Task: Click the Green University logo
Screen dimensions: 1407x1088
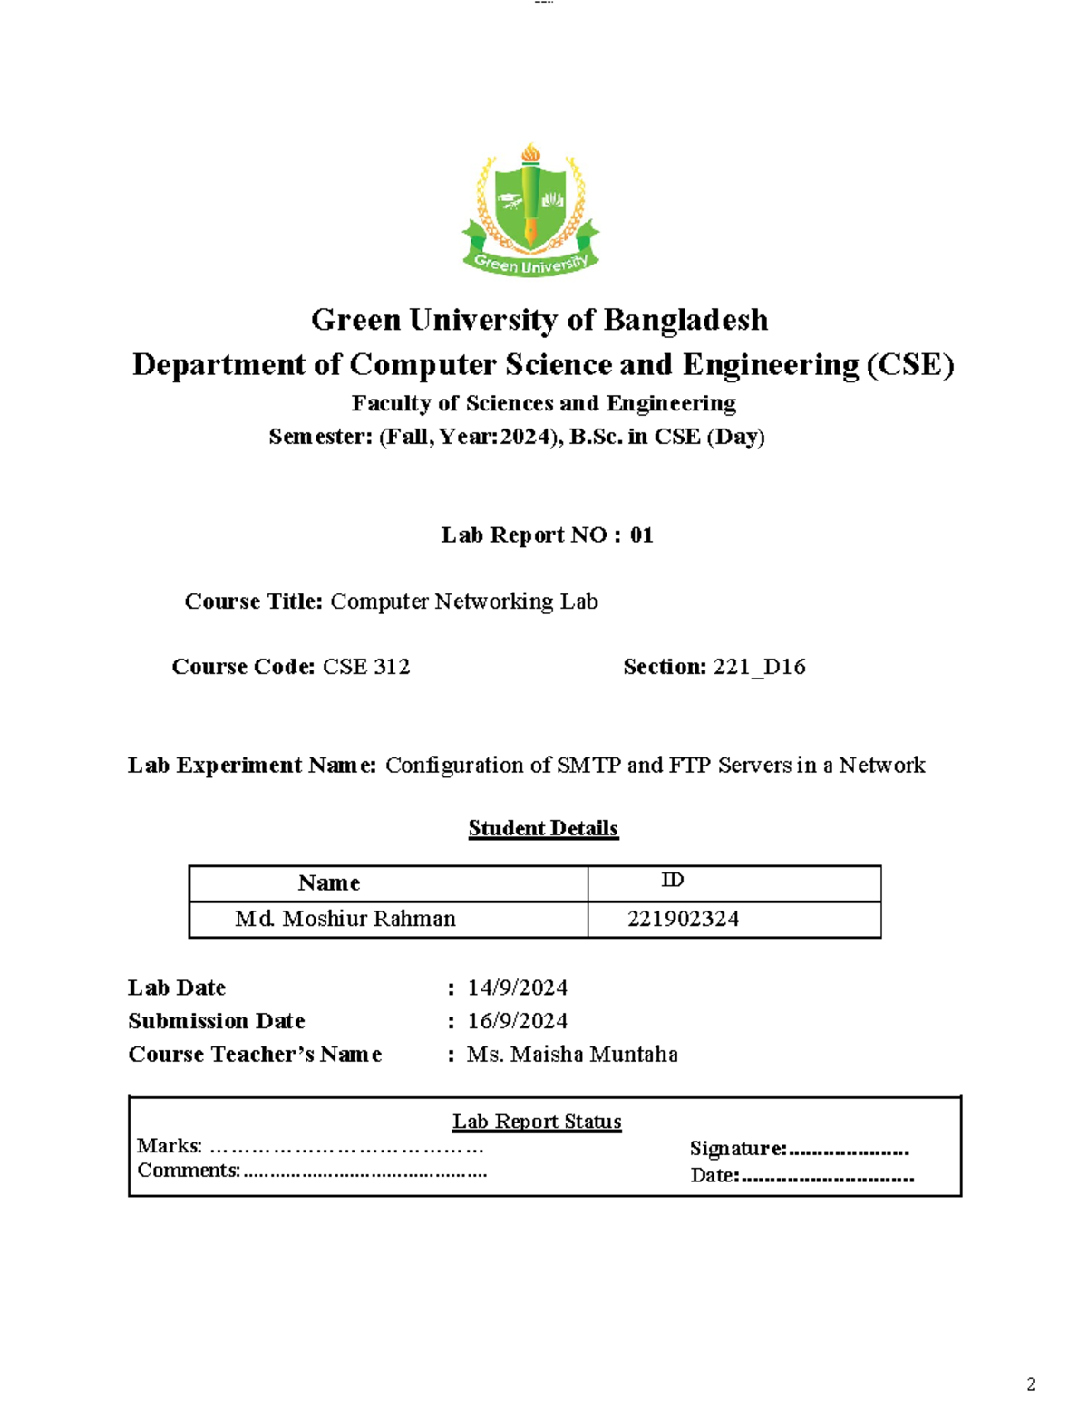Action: (x=530, y=210)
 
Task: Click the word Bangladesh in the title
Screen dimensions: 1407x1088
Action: (x=685, y=320)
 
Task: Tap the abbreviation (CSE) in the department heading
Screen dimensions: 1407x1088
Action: (x=909, y=364)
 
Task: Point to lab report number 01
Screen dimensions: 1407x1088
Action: (x=641, y=535)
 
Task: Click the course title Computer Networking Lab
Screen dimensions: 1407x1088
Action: (x=463, y=602)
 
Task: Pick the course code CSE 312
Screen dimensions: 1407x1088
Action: (x=366, y=667)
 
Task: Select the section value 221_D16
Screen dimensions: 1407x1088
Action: (x=759, y=667)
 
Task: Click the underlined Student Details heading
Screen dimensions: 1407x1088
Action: (x=543, y=828)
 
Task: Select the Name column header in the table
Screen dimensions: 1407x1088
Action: (x=329, y=882)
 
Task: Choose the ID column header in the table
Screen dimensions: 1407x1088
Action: (x=672, y=881)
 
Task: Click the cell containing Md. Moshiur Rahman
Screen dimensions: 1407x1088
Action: (x=345, y=919)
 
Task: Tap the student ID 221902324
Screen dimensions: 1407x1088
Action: (x=683, y=919)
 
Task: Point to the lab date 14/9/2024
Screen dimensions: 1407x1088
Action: (x=517, y=988)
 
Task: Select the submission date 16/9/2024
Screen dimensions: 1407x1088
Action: (x=517, y=1021)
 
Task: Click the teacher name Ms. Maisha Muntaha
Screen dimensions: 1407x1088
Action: (x=572, y=1055)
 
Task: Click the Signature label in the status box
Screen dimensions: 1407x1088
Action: (x=738, y=1149)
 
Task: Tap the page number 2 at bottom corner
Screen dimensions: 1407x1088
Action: (x=1030, y=1384)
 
